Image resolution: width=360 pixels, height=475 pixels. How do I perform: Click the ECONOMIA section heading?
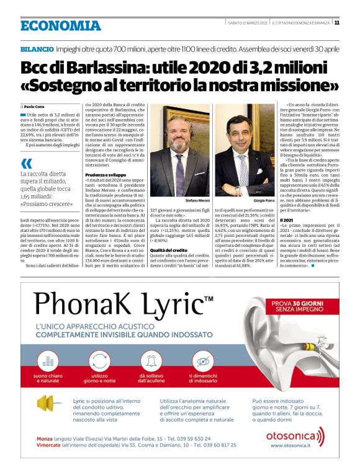(x=60, y=25)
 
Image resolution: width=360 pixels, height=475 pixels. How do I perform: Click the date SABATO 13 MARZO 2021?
(x=247, y=23)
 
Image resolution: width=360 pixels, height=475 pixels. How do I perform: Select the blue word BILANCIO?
(x=36, y=48)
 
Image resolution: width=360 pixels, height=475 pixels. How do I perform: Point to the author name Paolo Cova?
(x=37, y=107)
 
